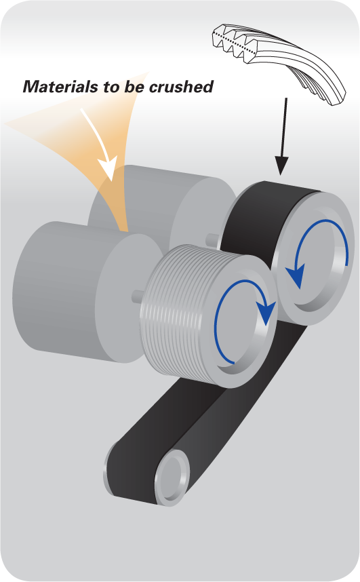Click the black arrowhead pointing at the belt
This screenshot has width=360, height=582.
[x=281, y=166]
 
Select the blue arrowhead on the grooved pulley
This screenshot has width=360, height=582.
[x=266, y=312]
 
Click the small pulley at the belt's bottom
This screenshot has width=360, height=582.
[x=172, y=478]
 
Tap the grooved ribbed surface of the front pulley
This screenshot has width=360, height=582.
[x=174, y=312]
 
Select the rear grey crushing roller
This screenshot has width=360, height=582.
[x=163, y=200]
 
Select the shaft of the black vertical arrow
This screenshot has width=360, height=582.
[x=284, y=127]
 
